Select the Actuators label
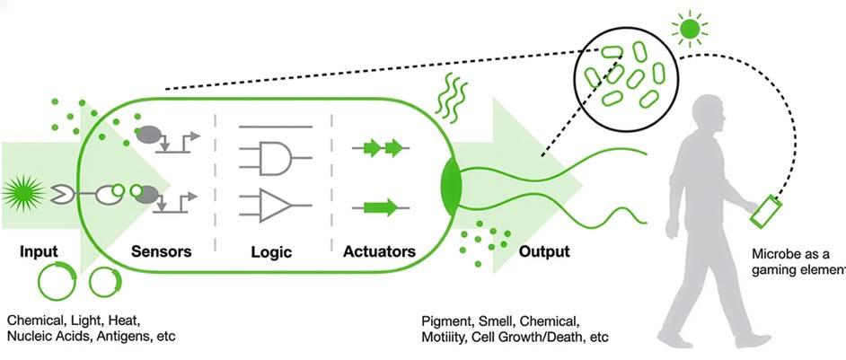click(x=379, y=251)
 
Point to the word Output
click(x=543, y=251)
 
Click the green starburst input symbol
click(x=20, y=190)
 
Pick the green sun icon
click(x=689, y=30)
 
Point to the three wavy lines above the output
click(x=452, y=95)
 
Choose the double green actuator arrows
click(x=381, y=146)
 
